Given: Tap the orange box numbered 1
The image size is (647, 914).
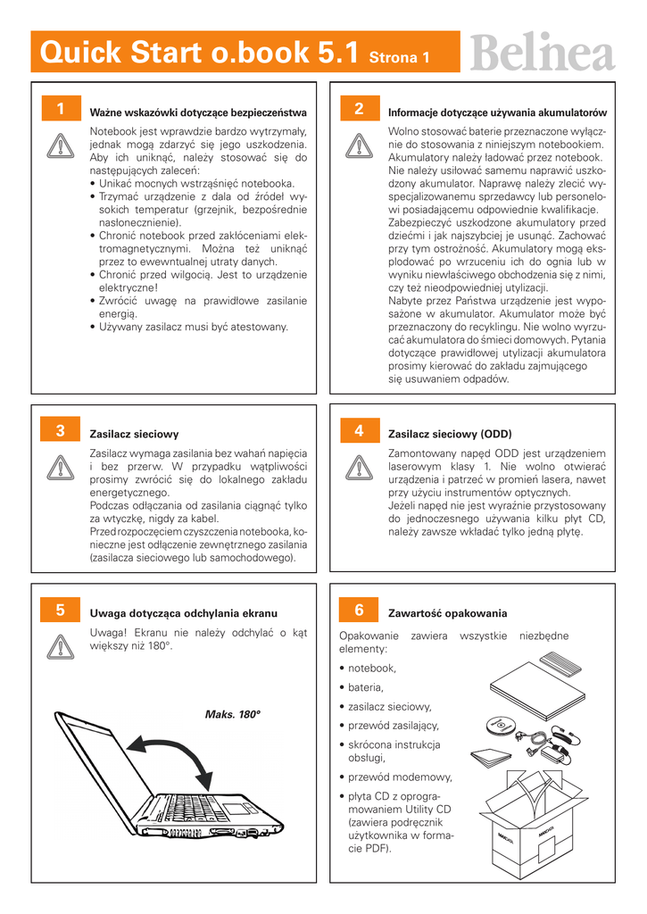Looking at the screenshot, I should pos(59,109).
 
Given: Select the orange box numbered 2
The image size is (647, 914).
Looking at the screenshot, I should pos(358,109).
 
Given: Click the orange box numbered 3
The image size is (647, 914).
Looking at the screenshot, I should pos(59,430).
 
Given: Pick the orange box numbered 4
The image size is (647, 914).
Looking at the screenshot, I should pos(358,430).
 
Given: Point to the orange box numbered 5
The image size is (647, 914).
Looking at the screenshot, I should pos(59,611).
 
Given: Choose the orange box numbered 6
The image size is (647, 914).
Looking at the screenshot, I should pos(358,611).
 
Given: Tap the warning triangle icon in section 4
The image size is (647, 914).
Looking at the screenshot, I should pos(358,466).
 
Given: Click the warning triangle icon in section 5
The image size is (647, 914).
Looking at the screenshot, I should pos(59,645).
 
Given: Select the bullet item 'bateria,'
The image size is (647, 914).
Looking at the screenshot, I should pos(366,687).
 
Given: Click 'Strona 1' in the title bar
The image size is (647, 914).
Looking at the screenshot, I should pos(400,58).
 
